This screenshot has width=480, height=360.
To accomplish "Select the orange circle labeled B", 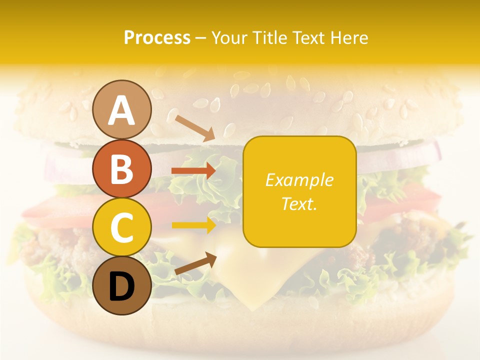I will click(x=121, y=168).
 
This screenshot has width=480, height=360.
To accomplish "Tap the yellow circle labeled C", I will click(x=121, y=227).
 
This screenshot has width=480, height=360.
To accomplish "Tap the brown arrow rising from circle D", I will click(x=195, y=263).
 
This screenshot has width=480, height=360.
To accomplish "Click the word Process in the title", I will click(x=157, y=38).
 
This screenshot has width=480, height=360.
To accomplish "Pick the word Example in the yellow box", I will click(x=299, y=180).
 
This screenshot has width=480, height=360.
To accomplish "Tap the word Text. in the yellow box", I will click(x=299, y=203).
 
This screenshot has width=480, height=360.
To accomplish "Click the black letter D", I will click(x=121, y=287).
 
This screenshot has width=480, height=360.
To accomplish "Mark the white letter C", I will click(x=121, y=227).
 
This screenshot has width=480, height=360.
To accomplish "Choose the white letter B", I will click(x=121, y=168).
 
